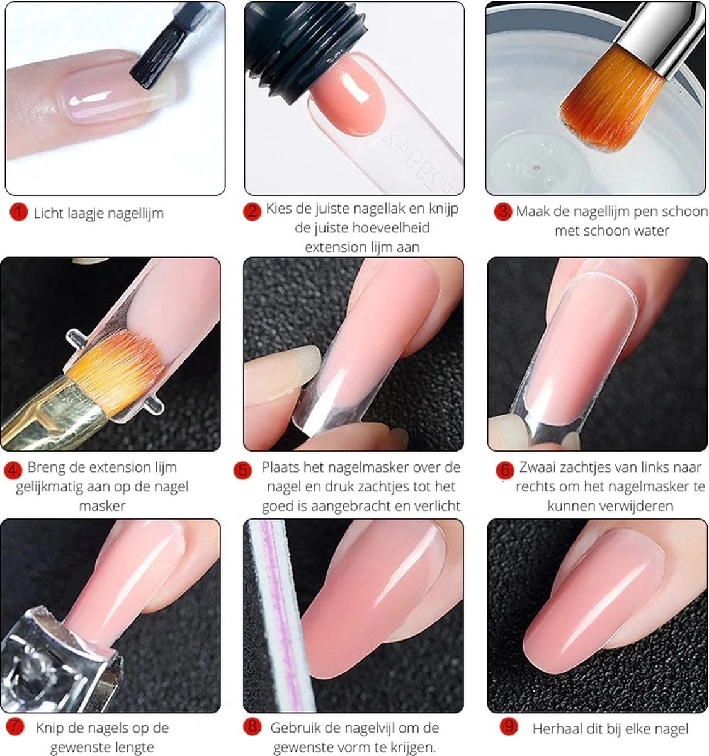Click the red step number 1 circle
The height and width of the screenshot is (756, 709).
coord(18,212)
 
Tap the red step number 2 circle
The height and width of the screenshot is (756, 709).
coord(252,211)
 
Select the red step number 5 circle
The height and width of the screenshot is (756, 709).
coord(242,470)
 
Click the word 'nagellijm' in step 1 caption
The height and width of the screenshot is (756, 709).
coord(133,213)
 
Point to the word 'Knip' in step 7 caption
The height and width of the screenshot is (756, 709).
coord(49,728)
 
